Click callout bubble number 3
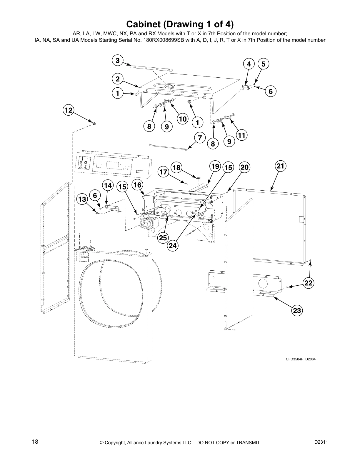click(118, 61)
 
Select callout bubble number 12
click(68, 110)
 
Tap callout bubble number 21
click(280, 166)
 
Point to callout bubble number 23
click(297, 310)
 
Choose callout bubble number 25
click(163, 238)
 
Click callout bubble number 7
click(200, 137)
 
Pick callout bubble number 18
click(176, 168)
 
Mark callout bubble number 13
click(82, 199)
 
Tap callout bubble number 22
click(308, 283)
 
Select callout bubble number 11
click(241, 135)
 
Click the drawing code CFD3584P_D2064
click(301, 359)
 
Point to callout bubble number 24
click(173, 246)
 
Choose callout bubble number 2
click(118, 79)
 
